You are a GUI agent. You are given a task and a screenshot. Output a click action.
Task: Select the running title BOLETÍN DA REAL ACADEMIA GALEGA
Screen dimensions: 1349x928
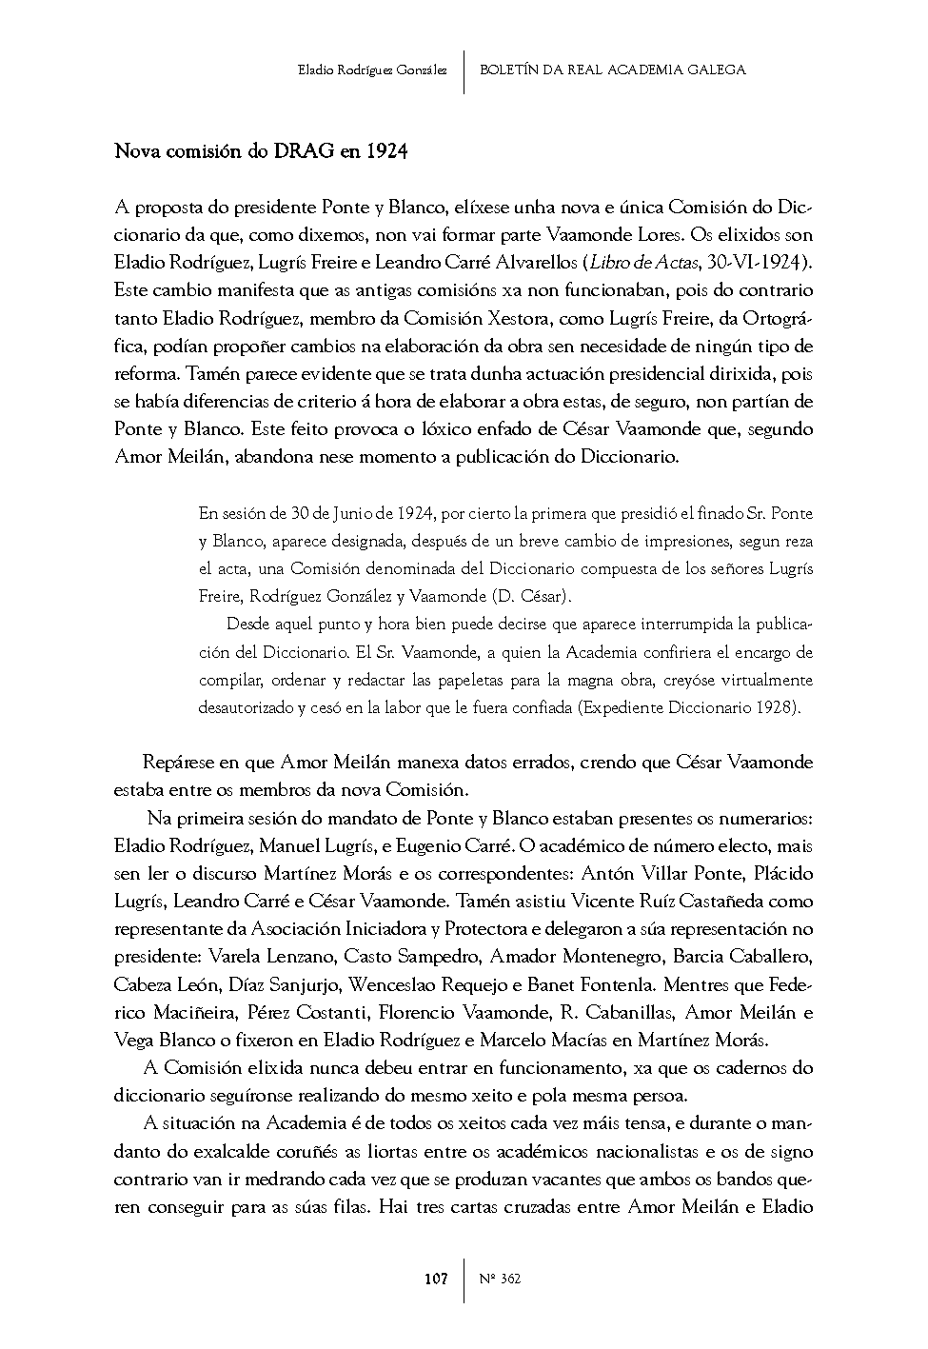[612, 69]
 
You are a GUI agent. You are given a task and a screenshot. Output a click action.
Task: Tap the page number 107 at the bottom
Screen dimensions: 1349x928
[435, 1279]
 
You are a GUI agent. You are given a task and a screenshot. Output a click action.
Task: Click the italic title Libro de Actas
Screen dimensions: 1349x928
[634, 262]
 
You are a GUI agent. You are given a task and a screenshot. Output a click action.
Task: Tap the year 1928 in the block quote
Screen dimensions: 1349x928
[777, 707]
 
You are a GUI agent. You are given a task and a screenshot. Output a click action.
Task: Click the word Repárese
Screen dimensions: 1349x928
[181, 762]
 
